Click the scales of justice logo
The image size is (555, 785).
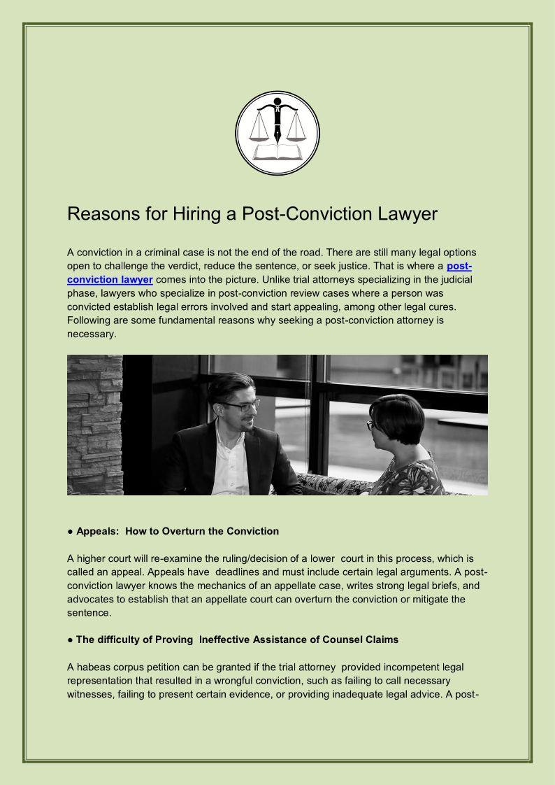[x=277, y=132]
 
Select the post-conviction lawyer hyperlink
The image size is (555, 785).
[x=110, y=280]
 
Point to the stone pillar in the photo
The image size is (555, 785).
[x=95, y=425]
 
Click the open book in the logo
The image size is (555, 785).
[x=277, y=152]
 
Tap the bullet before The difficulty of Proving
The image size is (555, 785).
[x=70, y=639]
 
